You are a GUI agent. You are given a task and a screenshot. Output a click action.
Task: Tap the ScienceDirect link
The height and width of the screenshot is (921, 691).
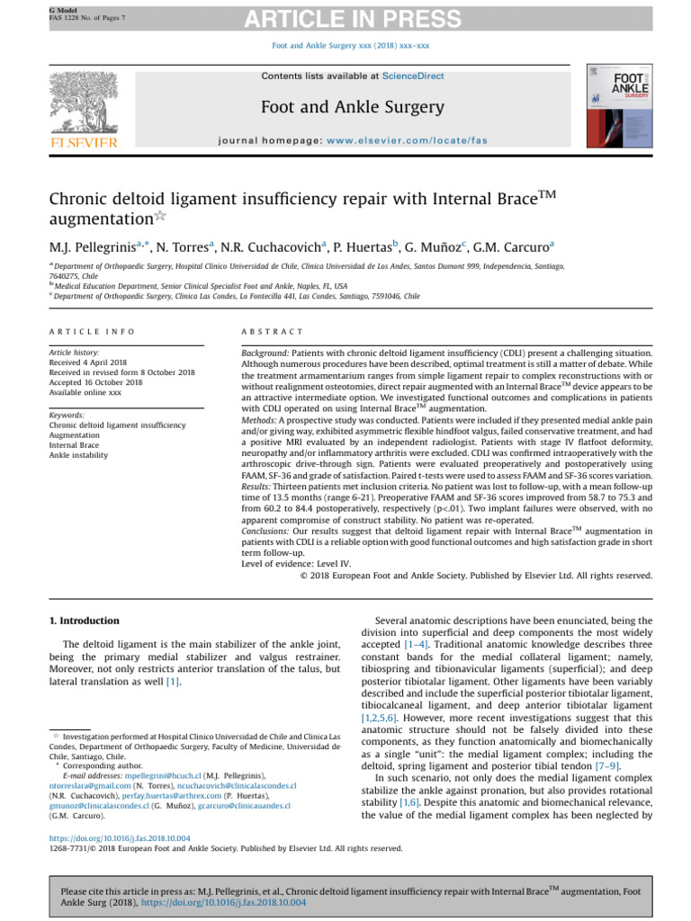[395, 76]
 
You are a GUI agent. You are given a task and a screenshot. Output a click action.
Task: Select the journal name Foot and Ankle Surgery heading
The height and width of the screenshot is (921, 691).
[352, 108]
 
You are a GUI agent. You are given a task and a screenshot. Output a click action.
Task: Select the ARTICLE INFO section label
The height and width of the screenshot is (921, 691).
[93, 332]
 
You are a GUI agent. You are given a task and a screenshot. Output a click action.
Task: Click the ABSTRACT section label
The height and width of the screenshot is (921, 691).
[274, 332]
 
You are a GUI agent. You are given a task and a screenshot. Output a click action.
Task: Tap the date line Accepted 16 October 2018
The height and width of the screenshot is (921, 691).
[96, 382]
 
